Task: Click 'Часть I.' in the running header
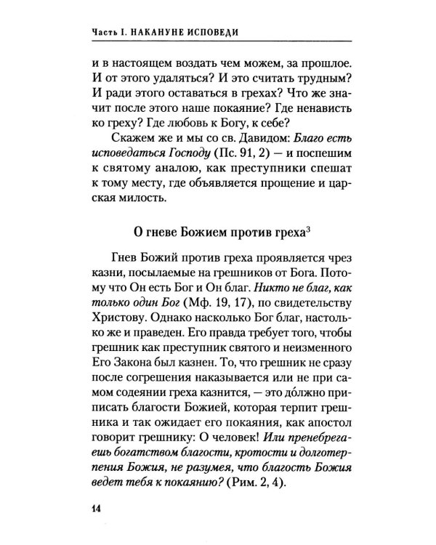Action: (114, 33)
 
